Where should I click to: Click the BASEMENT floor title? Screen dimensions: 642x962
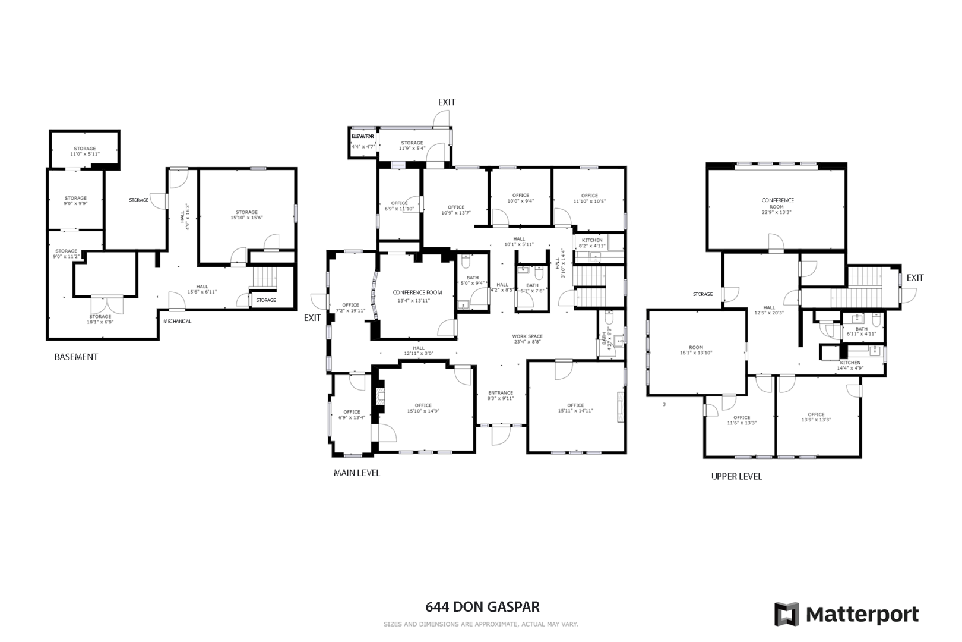pos(76,357)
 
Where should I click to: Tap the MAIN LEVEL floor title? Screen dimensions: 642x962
pos(356,473)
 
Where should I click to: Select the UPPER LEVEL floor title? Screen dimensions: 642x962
pos(736,477)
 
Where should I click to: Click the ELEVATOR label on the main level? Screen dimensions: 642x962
pos(362,137)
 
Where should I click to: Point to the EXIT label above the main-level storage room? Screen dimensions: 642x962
pos(447,102)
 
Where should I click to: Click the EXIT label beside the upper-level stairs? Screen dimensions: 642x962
pos(914,278)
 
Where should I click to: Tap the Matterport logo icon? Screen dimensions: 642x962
pos(787,614)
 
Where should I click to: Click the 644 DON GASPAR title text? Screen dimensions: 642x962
pos(482,607)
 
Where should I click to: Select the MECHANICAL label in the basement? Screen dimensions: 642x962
pos(178,322)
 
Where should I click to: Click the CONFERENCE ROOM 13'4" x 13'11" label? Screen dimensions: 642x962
pos(417,296)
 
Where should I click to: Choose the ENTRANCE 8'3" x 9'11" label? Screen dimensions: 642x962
pos(501,395)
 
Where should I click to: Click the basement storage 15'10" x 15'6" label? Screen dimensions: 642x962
pos(246,215)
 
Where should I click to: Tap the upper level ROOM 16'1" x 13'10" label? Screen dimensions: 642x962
pos(696,350)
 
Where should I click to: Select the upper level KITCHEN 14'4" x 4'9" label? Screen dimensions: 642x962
pos(850,365)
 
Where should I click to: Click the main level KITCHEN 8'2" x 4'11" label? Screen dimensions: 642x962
pos(591,243)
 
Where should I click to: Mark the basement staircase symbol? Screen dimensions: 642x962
pos(265,277)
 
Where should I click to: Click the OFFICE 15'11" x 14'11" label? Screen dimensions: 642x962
pos(575,408)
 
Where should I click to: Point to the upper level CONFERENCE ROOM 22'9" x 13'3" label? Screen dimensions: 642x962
pos(777,206)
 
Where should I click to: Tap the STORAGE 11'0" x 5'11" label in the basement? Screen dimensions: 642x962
pos(85,151)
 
